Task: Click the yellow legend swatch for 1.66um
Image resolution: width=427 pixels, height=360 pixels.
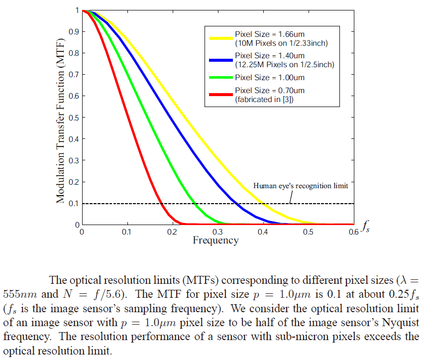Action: click(221, 38)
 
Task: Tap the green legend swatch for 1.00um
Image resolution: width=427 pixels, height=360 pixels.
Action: click(221, 77)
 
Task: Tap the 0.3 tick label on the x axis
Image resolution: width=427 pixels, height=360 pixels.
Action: click(217, 232)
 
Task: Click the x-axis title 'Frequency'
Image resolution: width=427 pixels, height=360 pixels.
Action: click(215, 240)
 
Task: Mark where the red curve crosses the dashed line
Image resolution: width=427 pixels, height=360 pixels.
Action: click(162, 204)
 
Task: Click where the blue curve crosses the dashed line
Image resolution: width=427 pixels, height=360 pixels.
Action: click(235, 204)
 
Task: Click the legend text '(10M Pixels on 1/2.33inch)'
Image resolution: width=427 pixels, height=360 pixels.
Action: click(281, 43)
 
